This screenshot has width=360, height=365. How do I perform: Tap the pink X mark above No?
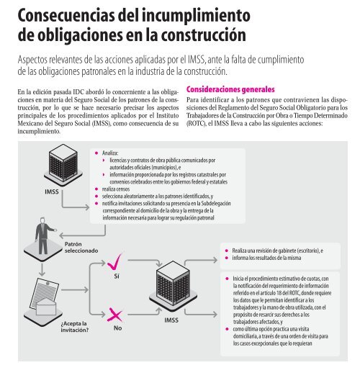116,314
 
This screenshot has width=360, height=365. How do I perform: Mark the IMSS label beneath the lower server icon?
171,319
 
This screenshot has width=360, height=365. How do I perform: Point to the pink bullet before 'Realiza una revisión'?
226,249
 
